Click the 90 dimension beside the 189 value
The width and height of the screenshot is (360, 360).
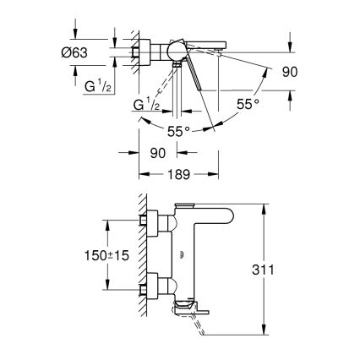coord(158,155)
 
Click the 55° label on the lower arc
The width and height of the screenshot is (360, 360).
coord(177,131)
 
